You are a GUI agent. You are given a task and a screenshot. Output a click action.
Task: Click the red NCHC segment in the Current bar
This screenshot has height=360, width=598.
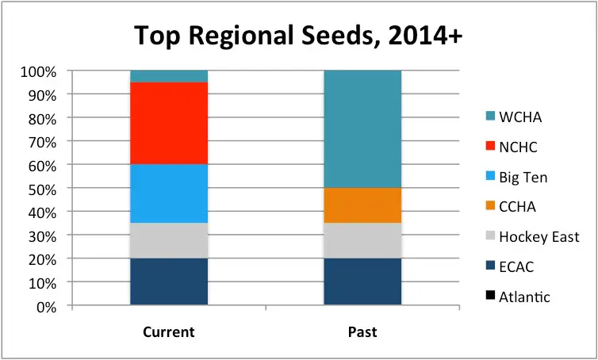coord(169,123)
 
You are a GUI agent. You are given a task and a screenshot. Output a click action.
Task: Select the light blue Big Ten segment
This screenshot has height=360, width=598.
coord(169,193)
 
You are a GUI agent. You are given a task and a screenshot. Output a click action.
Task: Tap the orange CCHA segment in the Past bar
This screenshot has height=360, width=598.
coord(362,205)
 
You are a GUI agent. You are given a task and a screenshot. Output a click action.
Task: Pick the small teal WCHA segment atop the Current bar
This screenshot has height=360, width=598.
coord(169,76)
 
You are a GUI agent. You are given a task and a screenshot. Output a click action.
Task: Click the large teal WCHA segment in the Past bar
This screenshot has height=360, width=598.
coord(362,129)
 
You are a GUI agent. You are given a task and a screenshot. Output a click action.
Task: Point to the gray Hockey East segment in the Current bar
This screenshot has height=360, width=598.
coord(169,240)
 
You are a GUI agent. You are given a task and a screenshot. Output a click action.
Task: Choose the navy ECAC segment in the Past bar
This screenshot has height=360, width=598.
coord(362,281)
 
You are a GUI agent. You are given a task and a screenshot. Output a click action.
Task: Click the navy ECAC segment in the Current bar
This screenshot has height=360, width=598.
coord(169,281)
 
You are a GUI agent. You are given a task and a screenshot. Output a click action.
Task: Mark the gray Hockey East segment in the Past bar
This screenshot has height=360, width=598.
coord(362,240)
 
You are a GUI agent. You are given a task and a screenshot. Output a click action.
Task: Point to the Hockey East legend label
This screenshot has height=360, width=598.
coord(539,237)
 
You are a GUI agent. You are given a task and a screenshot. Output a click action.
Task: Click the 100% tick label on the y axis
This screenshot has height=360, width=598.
coord(38,71)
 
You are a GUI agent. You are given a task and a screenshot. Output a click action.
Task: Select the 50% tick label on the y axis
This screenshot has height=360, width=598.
coord(41,189)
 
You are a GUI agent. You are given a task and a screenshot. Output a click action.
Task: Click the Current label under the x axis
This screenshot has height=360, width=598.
coord(169,331)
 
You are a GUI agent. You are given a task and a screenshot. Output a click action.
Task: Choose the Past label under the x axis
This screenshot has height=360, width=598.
coord(362,331)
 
